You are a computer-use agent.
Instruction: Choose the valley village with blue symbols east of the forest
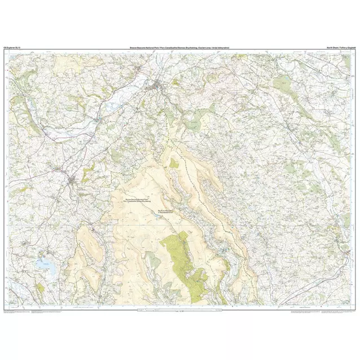point(225,248)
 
